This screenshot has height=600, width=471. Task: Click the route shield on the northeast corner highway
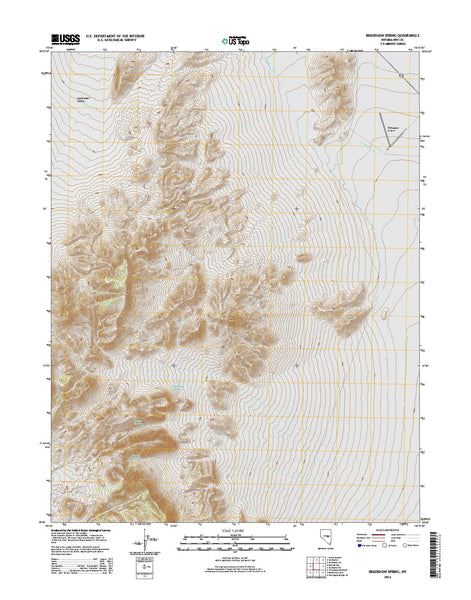tap(402, 75)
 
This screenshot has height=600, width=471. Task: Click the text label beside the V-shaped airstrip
tap(393, 127)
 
